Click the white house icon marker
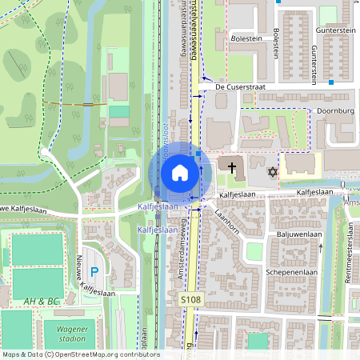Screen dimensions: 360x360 pyautogui.click(x=180, y=173)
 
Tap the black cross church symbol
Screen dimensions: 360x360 pyautogui.click(x=233, y=169)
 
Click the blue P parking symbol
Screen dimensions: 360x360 pyautogui.click(x=94, y=273)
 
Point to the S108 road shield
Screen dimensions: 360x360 pyautogui.click(x=188, y=298)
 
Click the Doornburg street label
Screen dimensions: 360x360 pyautogui.click(x=335, y=112)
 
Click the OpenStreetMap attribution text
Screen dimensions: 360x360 pyautogui.click(x=80, y=354)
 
